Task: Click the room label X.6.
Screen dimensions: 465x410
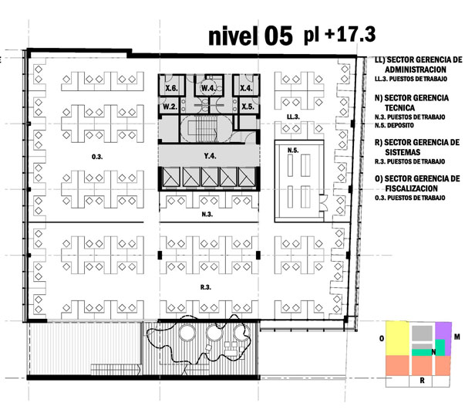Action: [171, 88]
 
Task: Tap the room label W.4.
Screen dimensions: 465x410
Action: [208, 88]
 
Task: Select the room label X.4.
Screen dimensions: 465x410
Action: [246, 88]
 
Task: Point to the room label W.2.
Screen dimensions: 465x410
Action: [170, 107]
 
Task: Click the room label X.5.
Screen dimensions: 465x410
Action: [248, 107]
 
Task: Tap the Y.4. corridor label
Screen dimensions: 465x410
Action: [210, 155]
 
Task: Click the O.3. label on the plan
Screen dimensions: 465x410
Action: [97, 157]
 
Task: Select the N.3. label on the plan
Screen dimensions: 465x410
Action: [207, 214]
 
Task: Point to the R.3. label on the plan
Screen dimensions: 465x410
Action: [206, 287]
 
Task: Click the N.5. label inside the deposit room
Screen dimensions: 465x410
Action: [293, 151]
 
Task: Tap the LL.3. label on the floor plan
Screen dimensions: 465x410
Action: [293, 117]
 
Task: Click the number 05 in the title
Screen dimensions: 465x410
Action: [278, 36]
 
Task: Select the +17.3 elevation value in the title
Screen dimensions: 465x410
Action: [350, 34]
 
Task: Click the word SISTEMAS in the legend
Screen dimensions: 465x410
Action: [403, 152]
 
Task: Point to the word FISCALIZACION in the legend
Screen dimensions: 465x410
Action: [411, 188]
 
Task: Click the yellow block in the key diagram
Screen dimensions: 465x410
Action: [397, 338]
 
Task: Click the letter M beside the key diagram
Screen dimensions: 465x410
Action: [457, 337]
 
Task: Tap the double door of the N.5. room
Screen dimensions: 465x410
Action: [322, 203]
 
